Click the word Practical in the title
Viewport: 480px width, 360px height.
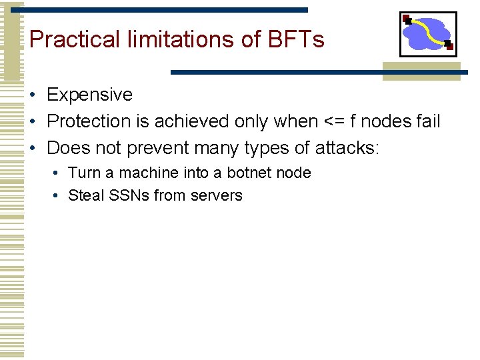coord(73,39)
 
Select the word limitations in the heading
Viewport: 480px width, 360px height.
coord(178,39)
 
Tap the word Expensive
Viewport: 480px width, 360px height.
coord(89,95)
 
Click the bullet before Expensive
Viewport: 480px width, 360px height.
coord(33,95)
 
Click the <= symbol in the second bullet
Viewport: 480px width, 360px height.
coord(333,122)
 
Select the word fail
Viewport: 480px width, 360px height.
coord(427,121)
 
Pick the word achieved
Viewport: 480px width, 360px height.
coord(193,121)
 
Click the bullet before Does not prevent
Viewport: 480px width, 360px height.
coord(33,148)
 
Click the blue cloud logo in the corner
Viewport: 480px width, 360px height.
coord(428,33)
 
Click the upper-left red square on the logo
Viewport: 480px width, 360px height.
coord(406,18)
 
